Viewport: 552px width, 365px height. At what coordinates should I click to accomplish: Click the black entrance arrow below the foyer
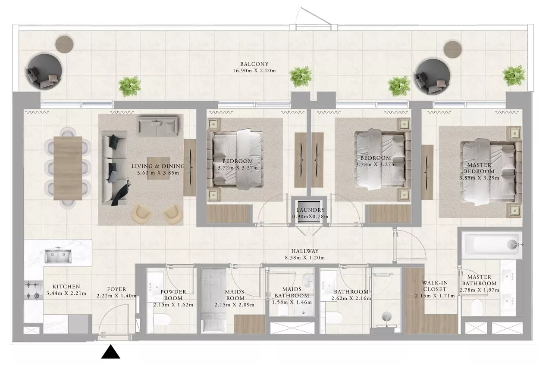click(111, 352)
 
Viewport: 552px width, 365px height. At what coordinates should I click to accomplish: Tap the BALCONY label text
click(254, 64)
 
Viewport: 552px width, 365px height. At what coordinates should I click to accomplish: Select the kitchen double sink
click(58, 256)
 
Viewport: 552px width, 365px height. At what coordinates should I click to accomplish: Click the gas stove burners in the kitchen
click(33, 290)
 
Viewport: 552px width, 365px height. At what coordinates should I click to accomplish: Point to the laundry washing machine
click(309, 212)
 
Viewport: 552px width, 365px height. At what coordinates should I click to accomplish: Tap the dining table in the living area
click(68, 168)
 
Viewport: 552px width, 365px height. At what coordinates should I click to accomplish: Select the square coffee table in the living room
click(158, 168)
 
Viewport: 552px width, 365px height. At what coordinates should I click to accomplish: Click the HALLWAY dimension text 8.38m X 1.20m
click(304, 258)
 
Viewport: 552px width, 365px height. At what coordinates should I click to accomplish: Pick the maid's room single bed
click(213, 300)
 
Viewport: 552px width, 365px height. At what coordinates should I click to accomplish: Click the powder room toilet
click(162, 320)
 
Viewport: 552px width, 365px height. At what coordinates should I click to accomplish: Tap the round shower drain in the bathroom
click(386, 316)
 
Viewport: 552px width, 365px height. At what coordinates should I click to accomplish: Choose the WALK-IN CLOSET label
click(435, 286)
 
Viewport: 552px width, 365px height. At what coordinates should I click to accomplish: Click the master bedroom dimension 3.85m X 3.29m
click(479, 178)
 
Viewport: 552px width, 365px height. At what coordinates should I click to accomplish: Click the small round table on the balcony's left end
click(64, 44)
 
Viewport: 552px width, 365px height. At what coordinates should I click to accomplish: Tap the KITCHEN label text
click(66, 287)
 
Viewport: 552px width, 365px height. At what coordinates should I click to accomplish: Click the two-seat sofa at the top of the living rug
click(158, 126)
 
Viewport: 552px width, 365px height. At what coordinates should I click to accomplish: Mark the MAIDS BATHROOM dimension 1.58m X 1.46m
click(292, 302)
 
